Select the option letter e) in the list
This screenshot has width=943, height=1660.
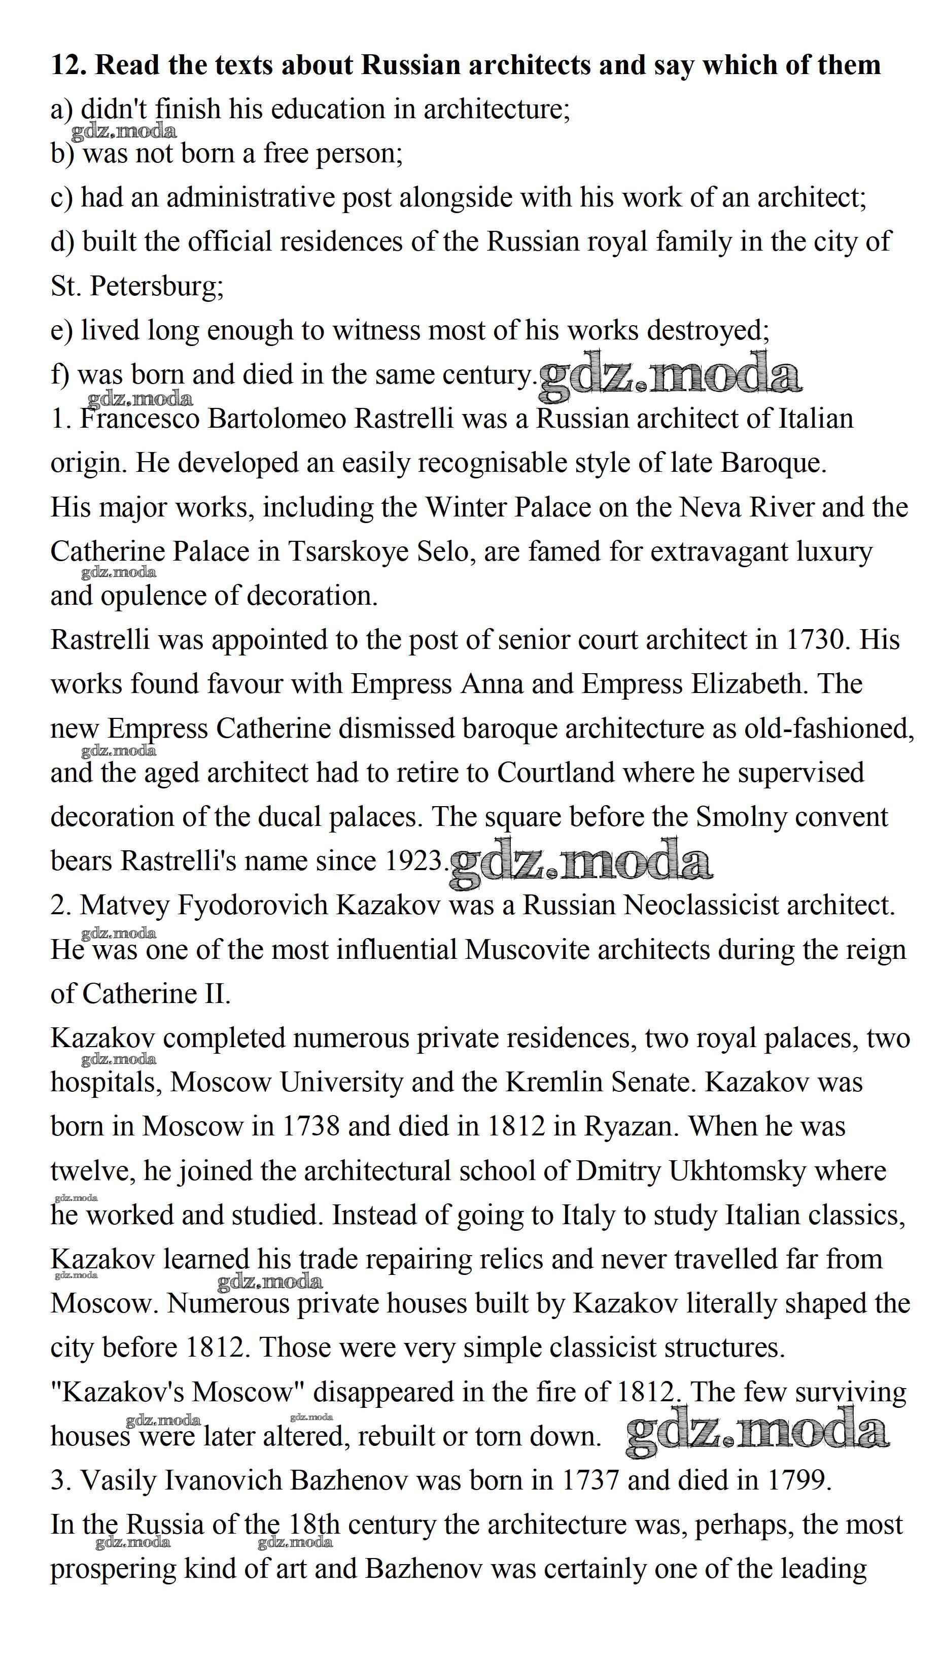(x=62, y=330)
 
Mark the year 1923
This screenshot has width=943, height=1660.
(x=414, y=861)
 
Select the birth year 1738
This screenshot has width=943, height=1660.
(x=311, y=1127)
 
